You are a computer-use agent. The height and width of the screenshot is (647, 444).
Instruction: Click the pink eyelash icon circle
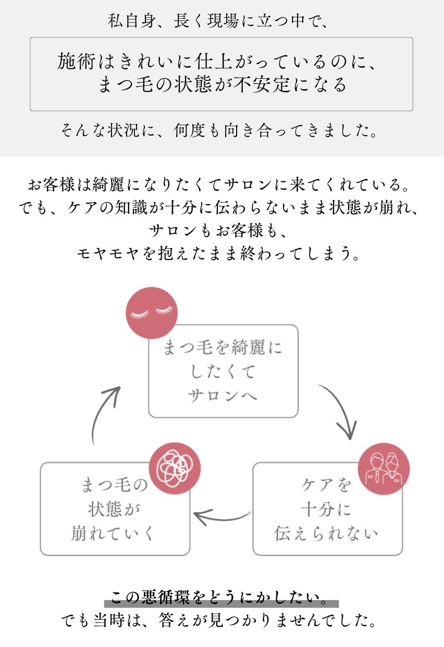pos(152,313)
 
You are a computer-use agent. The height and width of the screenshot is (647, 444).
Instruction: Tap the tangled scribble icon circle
pos(175,466)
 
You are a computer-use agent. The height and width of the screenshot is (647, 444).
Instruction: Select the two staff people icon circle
pos(384,469)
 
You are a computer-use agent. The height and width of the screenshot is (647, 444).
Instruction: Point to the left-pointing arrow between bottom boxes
pos(221,517)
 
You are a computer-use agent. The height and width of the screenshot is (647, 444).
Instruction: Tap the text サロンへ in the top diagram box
pos(223,395)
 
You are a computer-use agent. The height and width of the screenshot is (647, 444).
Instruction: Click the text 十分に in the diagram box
pos(327,509)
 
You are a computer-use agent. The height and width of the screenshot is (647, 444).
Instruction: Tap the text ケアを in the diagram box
pos(327,485)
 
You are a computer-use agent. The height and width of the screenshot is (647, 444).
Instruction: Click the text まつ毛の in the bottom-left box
pos(115,485)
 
